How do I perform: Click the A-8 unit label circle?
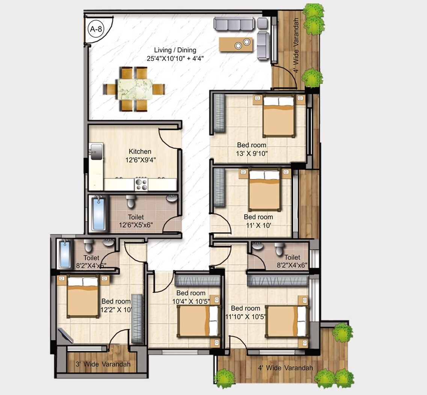(95, 30)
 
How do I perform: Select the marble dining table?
(134, 89)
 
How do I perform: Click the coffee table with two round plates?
(236, 45)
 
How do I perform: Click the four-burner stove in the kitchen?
(141, 184)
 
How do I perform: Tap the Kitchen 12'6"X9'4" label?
(140, 155)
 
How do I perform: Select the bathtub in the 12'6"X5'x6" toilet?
(99, 214)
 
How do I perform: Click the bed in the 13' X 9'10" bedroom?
(279, 116)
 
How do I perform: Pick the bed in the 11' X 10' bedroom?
(265, 189)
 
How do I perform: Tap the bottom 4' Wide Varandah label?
(285, 368)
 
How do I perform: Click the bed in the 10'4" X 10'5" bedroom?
(198, 321)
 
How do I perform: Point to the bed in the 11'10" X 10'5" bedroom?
(287, 321)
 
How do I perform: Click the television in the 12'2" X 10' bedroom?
(66, 336)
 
